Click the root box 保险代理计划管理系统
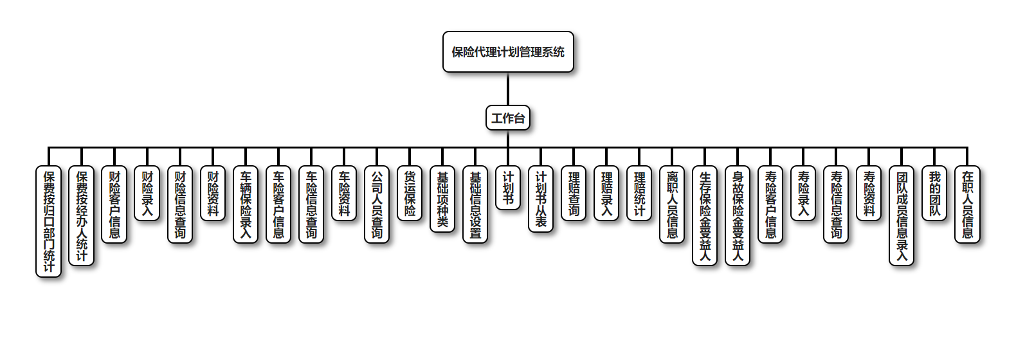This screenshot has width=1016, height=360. pyautogui.click(x=508, y=52)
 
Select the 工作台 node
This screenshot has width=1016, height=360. pyautogui.click(x=508, y=118)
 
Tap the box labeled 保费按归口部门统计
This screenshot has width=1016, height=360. pyautogui.click(x=49, y=221)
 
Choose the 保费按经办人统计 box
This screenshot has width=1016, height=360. pyautogui.click(x=82, y=215)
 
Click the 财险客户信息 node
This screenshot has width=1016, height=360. pyautogui.click(x=114, y=204)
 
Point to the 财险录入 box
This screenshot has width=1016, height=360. pyautogui.click(x=147, y=193)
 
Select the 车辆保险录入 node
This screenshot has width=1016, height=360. pyautogui.click(x=246, y=204)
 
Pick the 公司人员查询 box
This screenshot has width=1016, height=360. pyautogui.click(x=377, y=204)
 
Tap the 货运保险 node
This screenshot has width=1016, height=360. pyautogui.click(x=410, y=193)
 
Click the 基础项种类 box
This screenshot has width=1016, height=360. pyautogui.click(x=442, y=199)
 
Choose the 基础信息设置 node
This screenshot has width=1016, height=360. pyautogui.click(x=475, y=204)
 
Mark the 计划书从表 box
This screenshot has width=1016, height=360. pyautogui.click(x=541, y=199)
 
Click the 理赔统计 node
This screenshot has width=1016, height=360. pyautogui.click(x=639, y=193)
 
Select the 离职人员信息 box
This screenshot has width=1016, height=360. pyautogui.click(x=672, y=204)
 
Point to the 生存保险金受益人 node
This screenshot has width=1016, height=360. pyautogui.click(x=705, y=215)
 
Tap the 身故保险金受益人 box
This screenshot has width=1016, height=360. pyautogui.click(x=738, y=215)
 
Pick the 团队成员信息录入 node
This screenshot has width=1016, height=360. pyautogui.click(x=902, y=215)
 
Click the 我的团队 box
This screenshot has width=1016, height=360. pyautogui.click(x=934, y=193)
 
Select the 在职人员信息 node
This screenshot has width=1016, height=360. pyautogui.click(x=967, y=204)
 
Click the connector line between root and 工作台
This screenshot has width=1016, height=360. pyautogui.click(x=508, y=89)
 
